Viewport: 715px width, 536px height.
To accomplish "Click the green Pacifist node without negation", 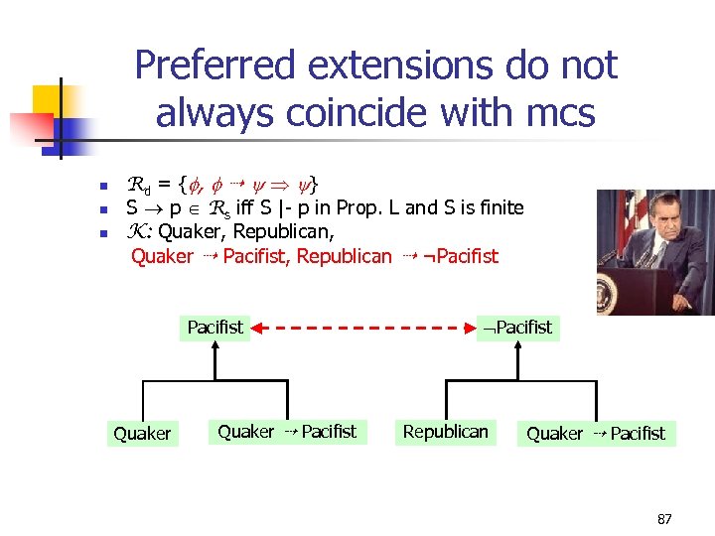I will click(214, 327).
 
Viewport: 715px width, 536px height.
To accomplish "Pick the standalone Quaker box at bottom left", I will click(142, 433).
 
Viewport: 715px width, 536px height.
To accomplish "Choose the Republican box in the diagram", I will click(445, 432).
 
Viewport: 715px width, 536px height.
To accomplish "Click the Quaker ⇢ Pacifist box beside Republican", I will click(596, 433).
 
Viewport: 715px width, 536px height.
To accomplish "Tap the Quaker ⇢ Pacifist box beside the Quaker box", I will click(286, 432).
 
